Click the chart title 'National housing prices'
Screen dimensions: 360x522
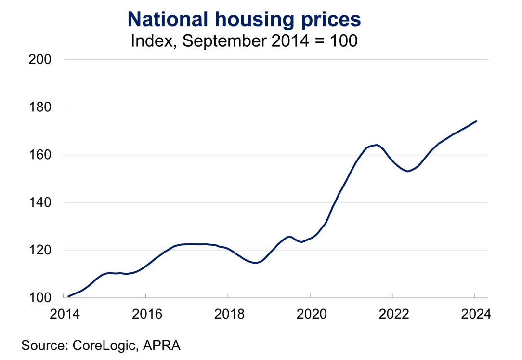pos(244,19)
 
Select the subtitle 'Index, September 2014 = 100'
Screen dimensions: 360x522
pos(244,41)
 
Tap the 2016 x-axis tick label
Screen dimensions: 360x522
pos(145,314)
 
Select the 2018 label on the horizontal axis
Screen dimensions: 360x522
pos(228,314)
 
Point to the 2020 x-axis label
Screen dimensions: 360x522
pos(310,314)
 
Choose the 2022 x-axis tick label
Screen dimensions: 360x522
pos(392,314)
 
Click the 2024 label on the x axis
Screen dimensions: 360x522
pos(475,314)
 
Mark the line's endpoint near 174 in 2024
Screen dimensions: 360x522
pos(476,121)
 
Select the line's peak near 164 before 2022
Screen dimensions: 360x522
pos(376,145)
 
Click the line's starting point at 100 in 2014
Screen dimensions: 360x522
pos(68,296)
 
